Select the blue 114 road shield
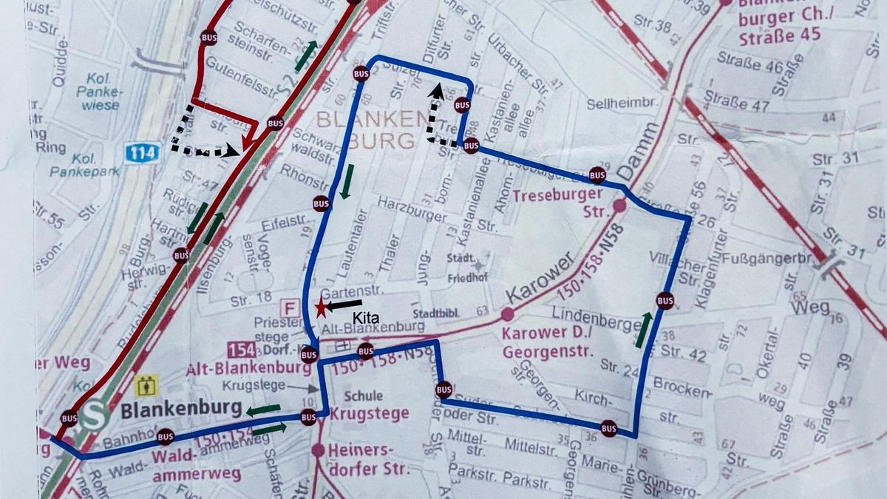141,154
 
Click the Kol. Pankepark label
78,166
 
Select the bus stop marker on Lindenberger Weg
665,301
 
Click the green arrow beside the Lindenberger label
644,329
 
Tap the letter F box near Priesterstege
291,308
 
